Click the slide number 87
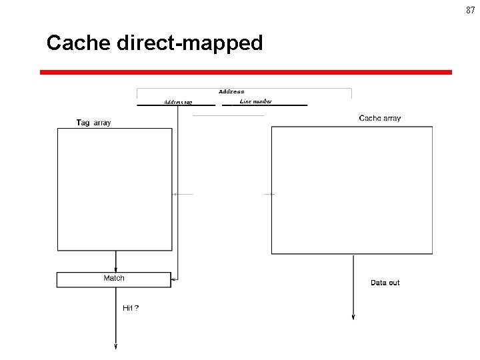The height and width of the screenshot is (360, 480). click(x=471, y=10)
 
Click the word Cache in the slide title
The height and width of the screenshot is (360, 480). click(x=79, y=43)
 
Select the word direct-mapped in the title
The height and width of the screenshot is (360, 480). click(x=190, y=44)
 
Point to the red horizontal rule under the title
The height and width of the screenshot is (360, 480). click(x=245, y=72)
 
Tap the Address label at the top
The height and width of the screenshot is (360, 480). click(x=231, y=91)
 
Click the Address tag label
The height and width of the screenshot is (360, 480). click(x=178, y=102)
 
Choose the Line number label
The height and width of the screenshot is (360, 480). click(x=255, y=101)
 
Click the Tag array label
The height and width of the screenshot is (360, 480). click(x=94, y=122)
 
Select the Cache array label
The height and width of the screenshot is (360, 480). click(x=380, y=118)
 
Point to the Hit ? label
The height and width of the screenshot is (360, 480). click(x=131, y=308)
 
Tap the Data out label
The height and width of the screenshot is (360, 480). click(x=385, y=283)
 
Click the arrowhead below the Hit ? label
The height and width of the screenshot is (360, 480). click(x=116, y=345)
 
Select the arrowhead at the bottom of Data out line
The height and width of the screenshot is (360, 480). click(x=353, y=317)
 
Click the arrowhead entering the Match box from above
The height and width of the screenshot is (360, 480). click(x=116, y=269)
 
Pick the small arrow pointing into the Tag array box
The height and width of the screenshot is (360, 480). click(x=175, y=194)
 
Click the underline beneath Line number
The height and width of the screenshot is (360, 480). click(x=265, y=105)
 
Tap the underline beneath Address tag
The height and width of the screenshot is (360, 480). click(x=176, y=105)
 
